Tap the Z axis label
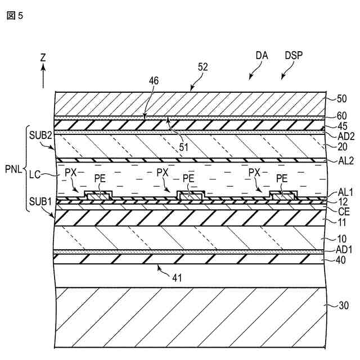coord(43,57)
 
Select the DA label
coord(261,56)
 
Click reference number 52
coord(203,66)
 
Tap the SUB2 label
coord(40,135)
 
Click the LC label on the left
coord(34,174)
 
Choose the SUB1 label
coord(40,201)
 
